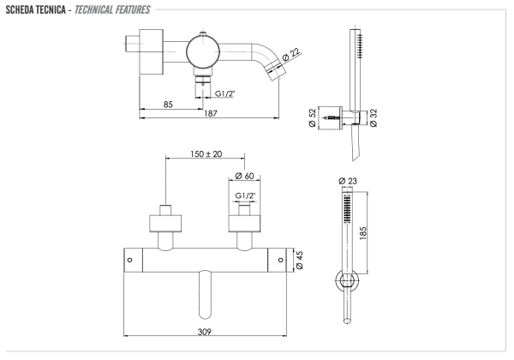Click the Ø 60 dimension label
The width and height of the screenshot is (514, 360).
246,177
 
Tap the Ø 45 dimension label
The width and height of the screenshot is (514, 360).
299,261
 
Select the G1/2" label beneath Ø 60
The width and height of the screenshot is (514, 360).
246,196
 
